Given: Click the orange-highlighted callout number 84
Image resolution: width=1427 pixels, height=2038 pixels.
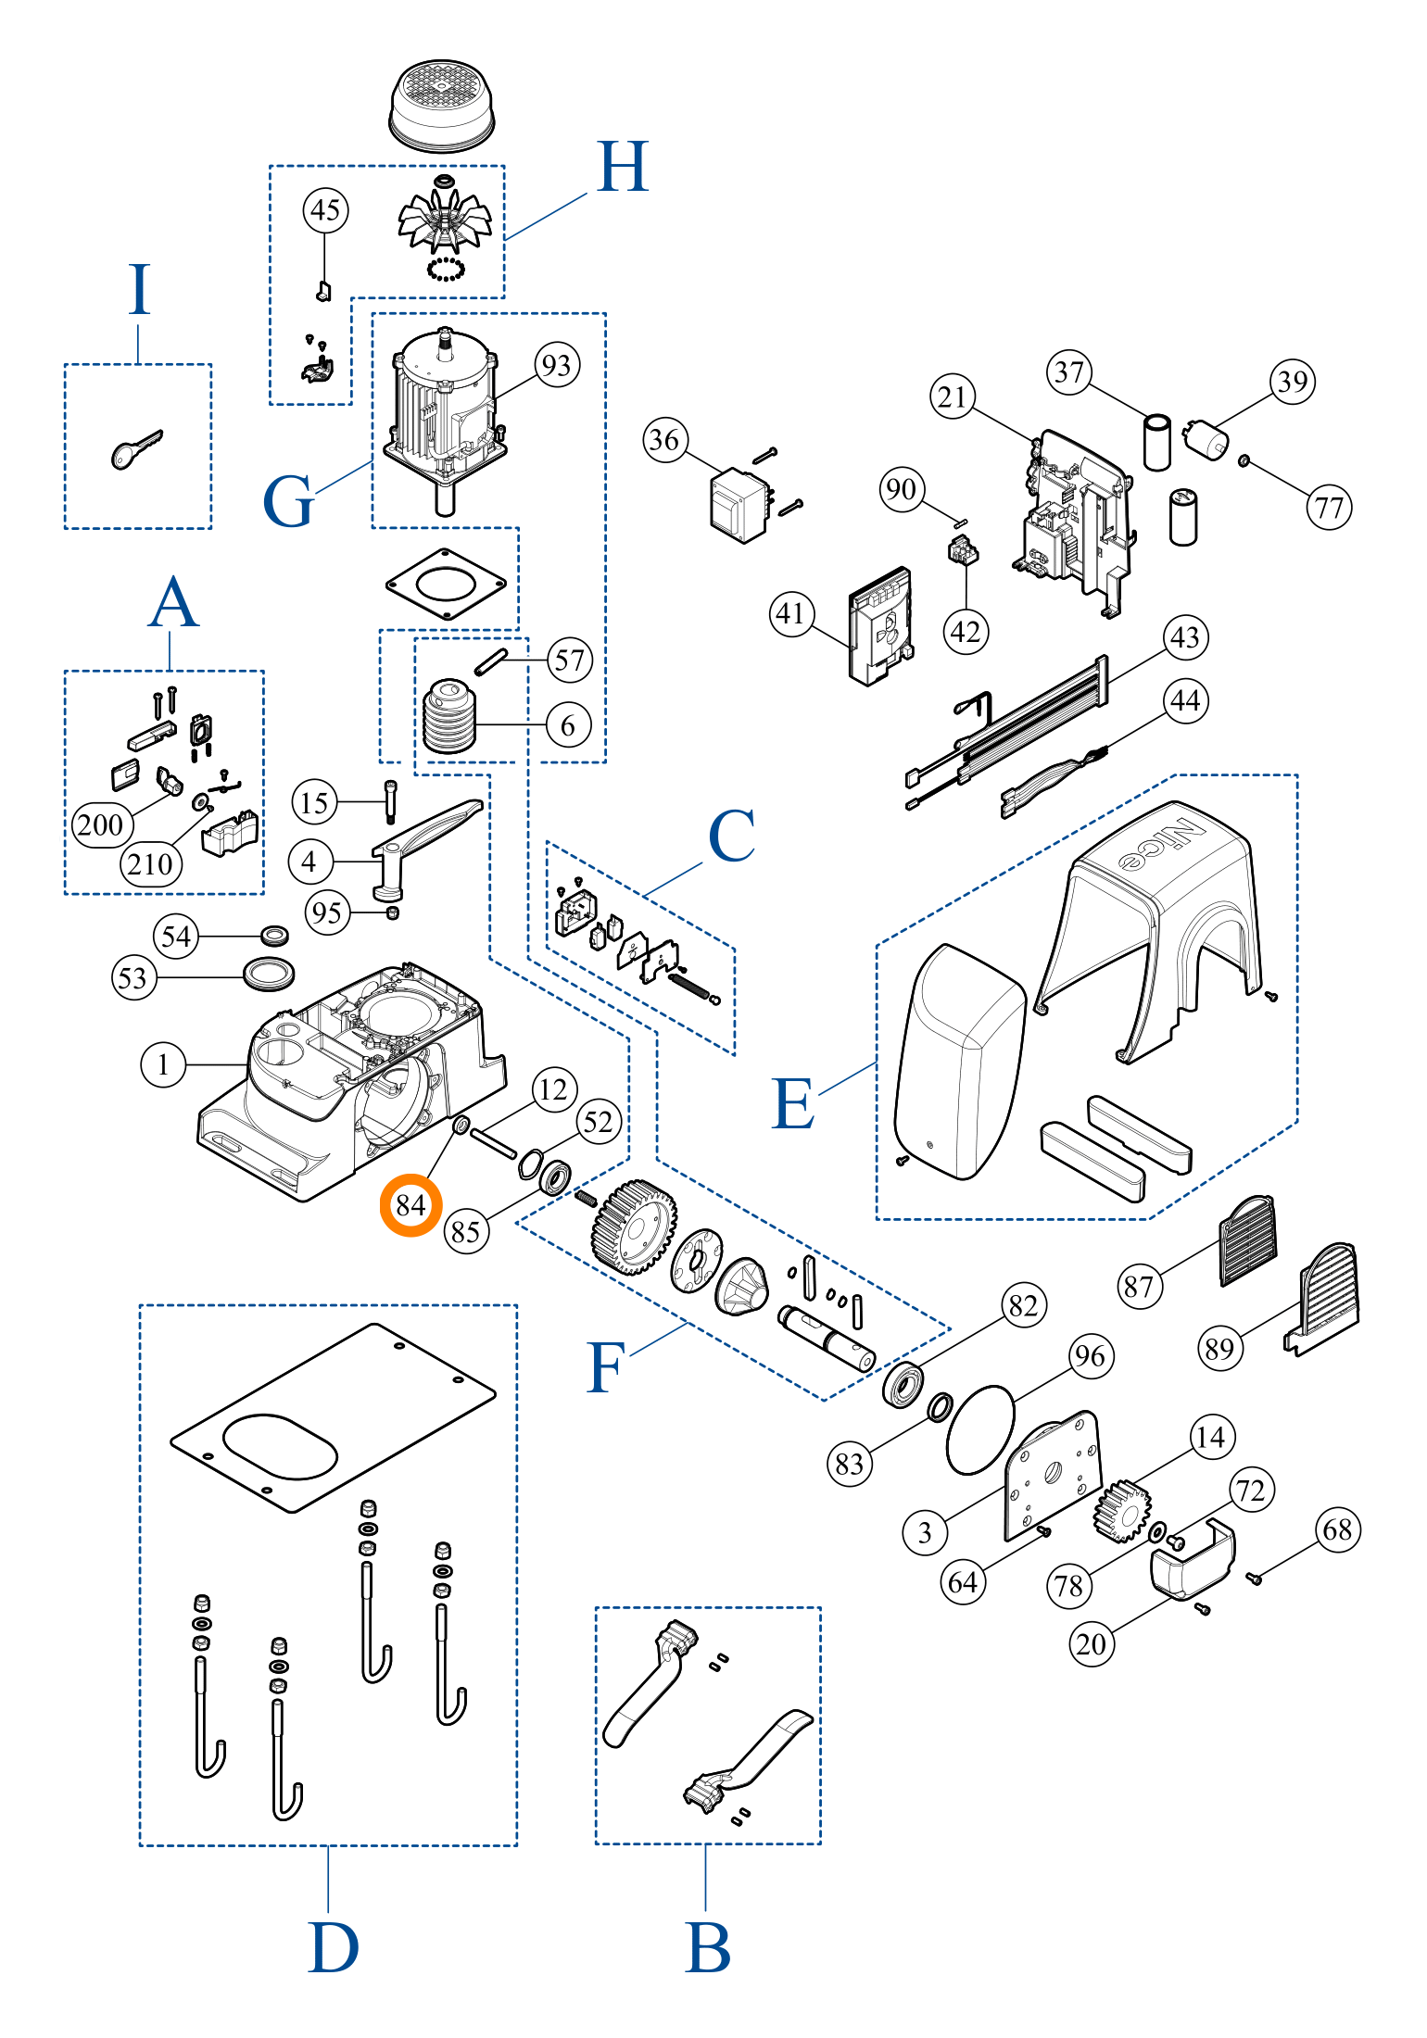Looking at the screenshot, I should [x=410, y=1205].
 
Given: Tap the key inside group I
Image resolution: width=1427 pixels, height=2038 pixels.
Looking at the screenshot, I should [x=135, y=448].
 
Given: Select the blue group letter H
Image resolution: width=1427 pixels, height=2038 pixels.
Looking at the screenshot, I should [x=623, y=168].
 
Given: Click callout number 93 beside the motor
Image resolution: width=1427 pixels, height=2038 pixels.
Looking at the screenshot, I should [x=557, y=365].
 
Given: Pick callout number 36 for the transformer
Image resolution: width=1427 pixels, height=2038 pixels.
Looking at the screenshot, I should [x=665, y=440].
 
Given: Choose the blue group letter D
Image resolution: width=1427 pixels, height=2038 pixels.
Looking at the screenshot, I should [x=333, y=1948].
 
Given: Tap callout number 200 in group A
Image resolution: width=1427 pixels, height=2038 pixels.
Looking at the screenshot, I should [x=100, y=824].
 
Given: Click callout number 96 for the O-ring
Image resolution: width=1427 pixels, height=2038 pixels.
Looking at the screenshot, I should [x=1091, y=1357].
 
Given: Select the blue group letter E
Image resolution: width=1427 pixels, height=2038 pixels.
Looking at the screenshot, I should [x=793, y=1104].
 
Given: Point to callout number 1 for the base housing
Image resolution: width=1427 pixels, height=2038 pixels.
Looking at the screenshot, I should [x=163, y=1064].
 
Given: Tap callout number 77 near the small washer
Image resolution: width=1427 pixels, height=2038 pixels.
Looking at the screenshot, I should [x=1329, y=508].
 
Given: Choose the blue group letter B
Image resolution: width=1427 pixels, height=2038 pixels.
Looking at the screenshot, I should [x=708, y=1948].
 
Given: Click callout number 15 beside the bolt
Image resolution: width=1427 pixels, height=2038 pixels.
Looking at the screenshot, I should [x=314, y=802].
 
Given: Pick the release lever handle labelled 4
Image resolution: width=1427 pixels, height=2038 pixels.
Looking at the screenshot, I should [x=426, y=838].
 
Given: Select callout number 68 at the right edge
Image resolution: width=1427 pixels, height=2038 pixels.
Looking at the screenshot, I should [x=1337, y=1529].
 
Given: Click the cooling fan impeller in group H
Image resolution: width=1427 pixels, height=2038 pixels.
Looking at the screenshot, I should [x=445, y=220].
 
